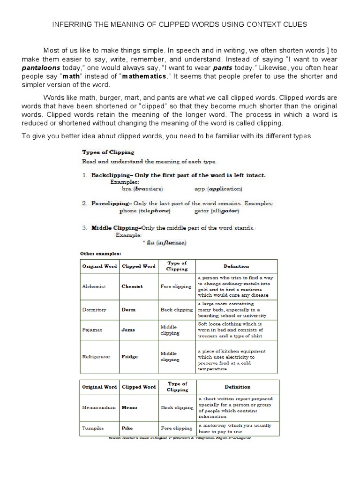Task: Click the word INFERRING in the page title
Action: pos(71,24)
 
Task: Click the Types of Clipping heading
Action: pos(108,152)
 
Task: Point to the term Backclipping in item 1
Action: pos(112,175)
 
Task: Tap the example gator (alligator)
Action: pos(217,211)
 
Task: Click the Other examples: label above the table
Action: pos(100,253)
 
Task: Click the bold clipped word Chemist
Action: pos(132,286)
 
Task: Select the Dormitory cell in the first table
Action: pos(94,309)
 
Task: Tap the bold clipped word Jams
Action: pos(128,330)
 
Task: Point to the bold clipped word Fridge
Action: pos(129,356)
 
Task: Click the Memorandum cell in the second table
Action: pos(99,408)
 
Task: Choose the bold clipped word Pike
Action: pos(127,428)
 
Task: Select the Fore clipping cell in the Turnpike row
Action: pos(176,428)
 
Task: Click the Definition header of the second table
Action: pos(237,387)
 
